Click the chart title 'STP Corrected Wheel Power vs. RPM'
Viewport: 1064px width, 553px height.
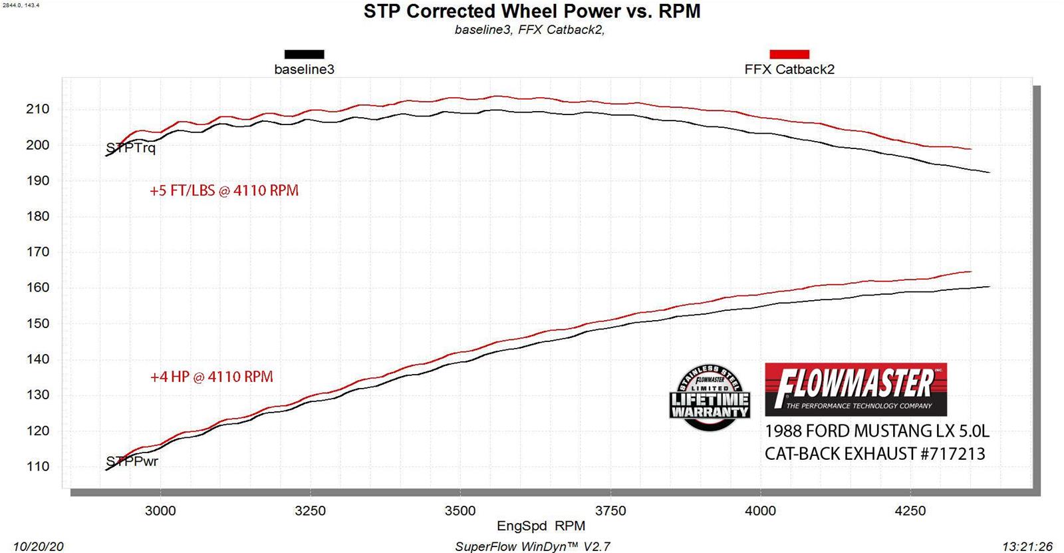[532, 11]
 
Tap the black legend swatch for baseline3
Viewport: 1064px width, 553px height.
[304, 55]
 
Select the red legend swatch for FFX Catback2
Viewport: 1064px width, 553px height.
[789, 55]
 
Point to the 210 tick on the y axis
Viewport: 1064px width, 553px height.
[37, 109]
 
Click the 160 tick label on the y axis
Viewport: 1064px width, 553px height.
[37, 287]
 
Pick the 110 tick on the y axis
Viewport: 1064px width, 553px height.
[37, 466]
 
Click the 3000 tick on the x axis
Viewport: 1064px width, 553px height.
[160, 511]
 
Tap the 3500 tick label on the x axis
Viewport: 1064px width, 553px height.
[460, 511]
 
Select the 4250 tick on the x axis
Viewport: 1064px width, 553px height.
[910, 511]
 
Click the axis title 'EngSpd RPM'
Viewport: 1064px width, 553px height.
[541, 526]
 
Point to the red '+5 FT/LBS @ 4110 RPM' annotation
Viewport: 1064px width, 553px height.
[224, 191]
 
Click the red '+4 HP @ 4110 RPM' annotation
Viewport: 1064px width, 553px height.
[211, 377]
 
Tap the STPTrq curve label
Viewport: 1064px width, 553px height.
[131, 148]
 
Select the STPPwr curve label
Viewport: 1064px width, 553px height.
[132, 461]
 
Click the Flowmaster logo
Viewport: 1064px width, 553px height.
[855, 389]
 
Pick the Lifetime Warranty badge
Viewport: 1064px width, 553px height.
[710, 397]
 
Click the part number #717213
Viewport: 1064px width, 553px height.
[952, 454]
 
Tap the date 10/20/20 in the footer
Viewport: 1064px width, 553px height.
[38, 546]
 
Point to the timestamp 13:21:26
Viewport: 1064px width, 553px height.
[1027, 546]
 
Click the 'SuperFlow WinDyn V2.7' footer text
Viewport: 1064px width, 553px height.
[532, 546]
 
